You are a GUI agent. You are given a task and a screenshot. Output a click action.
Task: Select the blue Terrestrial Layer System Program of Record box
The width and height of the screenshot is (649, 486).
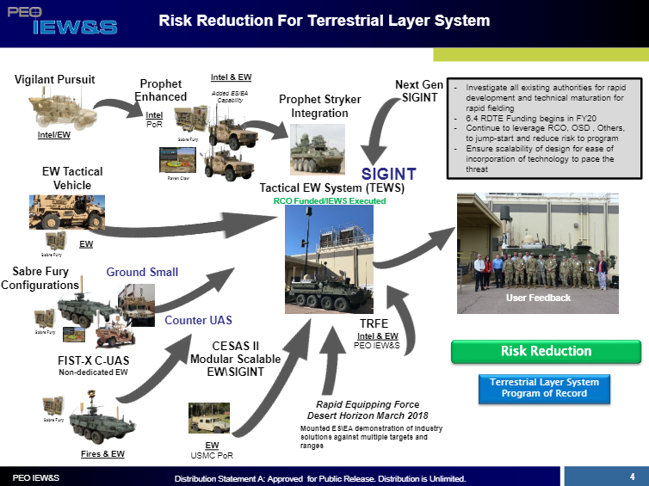544,388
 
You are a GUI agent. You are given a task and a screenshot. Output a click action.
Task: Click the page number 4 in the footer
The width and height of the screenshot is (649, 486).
632,476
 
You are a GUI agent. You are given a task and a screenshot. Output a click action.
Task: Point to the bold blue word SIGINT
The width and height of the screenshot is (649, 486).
388,175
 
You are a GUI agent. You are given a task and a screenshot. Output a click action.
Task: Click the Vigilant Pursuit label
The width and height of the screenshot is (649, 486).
55,80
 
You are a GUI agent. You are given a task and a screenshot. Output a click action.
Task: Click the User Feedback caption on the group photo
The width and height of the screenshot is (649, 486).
538,298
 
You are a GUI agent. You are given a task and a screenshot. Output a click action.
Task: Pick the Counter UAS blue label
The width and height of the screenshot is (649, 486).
198,320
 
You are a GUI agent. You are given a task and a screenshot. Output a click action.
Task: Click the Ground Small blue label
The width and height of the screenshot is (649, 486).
142,272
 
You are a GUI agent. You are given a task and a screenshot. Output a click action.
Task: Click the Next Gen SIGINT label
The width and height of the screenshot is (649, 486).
419,91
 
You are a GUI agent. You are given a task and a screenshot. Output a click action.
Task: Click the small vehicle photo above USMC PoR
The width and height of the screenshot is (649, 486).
208,418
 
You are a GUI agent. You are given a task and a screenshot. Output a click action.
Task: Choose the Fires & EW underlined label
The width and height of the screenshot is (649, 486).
102,453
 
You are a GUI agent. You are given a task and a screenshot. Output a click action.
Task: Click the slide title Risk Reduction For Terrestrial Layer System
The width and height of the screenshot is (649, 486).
324,21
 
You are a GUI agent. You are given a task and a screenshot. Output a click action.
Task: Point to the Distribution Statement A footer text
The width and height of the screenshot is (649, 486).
320,478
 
